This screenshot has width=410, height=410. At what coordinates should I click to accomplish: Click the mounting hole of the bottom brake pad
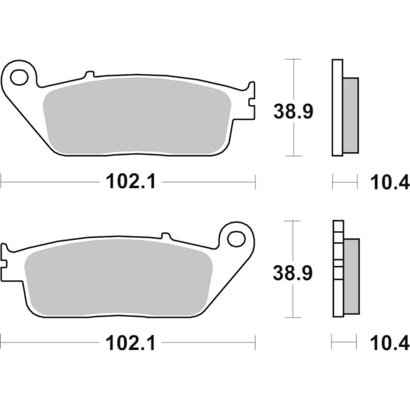236,238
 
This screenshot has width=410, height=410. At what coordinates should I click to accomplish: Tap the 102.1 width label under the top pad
124,182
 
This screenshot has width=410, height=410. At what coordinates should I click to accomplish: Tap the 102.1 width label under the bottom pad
124,342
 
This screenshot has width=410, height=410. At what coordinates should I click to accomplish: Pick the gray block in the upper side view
349,115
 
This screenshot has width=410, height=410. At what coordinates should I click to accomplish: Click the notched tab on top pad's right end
250,99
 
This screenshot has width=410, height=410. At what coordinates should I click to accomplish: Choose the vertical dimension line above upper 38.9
294,79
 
